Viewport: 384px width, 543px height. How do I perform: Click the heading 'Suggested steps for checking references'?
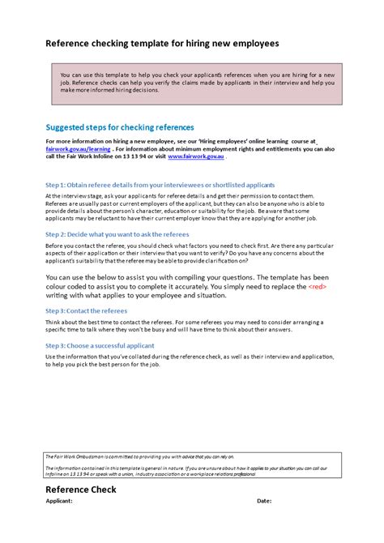point(120,127)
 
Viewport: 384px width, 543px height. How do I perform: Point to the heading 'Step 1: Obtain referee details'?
point(160,184)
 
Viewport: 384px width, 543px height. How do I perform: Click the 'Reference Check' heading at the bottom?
point(81,490)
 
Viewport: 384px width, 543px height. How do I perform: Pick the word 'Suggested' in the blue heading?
point(65,127)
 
